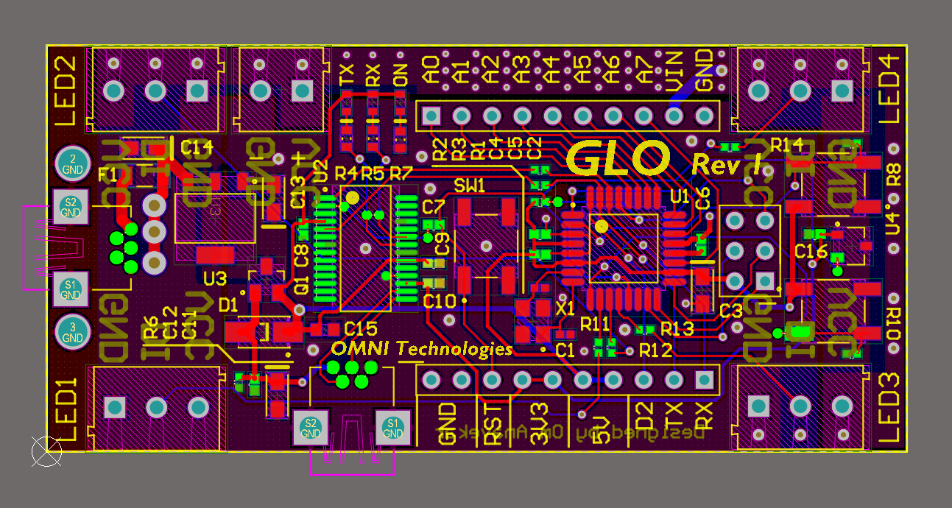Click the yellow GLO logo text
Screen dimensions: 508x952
click(x=618, y=158)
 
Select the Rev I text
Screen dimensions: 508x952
click(x=727, y=163)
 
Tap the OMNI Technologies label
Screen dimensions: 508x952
click(x=421, y=348)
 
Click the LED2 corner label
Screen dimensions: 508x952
click(x=65, y=91)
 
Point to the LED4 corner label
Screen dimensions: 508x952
click(x=889, y=90)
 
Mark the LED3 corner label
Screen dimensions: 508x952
click(x=889, y=407)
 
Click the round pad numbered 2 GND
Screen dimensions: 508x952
click(x=72, y=163)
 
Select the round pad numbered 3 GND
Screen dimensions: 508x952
click(x=72, y=332)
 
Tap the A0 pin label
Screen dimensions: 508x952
click(x=431, y=71)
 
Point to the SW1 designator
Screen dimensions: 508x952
click(x=470, y=185)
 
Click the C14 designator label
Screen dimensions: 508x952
click(x=197, y=148)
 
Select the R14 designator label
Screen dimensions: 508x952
click(x=786, y=145)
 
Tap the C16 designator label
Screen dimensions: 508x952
click(x=811, y=252)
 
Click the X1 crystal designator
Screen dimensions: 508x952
click(x=565, y=309)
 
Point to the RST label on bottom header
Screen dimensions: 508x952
click(x=492, y=425)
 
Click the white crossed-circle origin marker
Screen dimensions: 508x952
click(x=46, y=451)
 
